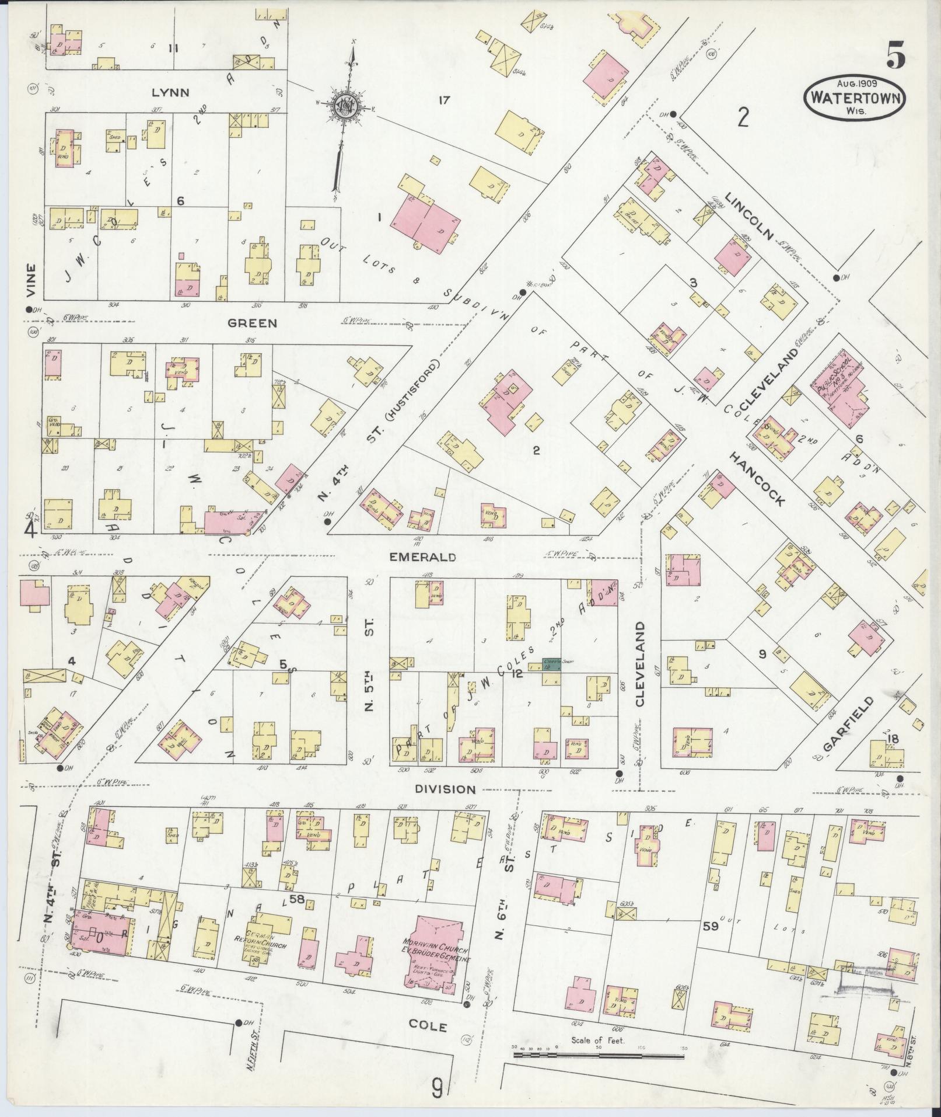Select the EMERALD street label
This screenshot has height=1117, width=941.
click(x=422, y=557)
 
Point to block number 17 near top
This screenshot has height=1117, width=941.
click(x=444, y=100)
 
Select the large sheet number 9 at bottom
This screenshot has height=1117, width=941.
click(x=438, y=1087)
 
